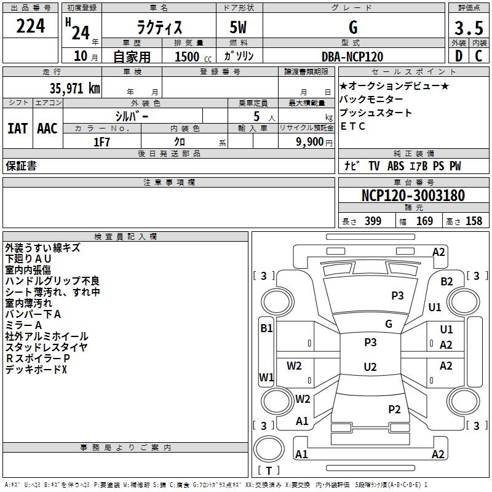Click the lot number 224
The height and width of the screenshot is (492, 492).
tap(31, 26)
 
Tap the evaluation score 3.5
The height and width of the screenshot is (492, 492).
tap(468, 28)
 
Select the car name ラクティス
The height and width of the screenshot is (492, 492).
tap(158, 27)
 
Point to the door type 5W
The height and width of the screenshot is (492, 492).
tap(238, 27)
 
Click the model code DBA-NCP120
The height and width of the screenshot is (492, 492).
tap(352, 56)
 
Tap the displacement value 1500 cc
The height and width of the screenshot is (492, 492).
tap(188, 56)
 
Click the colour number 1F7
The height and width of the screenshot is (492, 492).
tap(101, 141)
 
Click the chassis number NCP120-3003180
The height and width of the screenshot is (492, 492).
tap(413, 196)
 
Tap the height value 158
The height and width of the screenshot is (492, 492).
tap(474, 221)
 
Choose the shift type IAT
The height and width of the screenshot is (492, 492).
tap(17, 128)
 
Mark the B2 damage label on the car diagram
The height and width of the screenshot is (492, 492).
tap(446, 282)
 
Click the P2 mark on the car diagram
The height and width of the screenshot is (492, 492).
tap(394, 409)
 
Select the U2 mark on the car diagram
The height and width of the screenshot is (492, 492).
tap(370, 367)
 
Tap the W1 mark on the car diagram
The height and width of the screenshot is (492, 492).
tap(266, 377)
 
